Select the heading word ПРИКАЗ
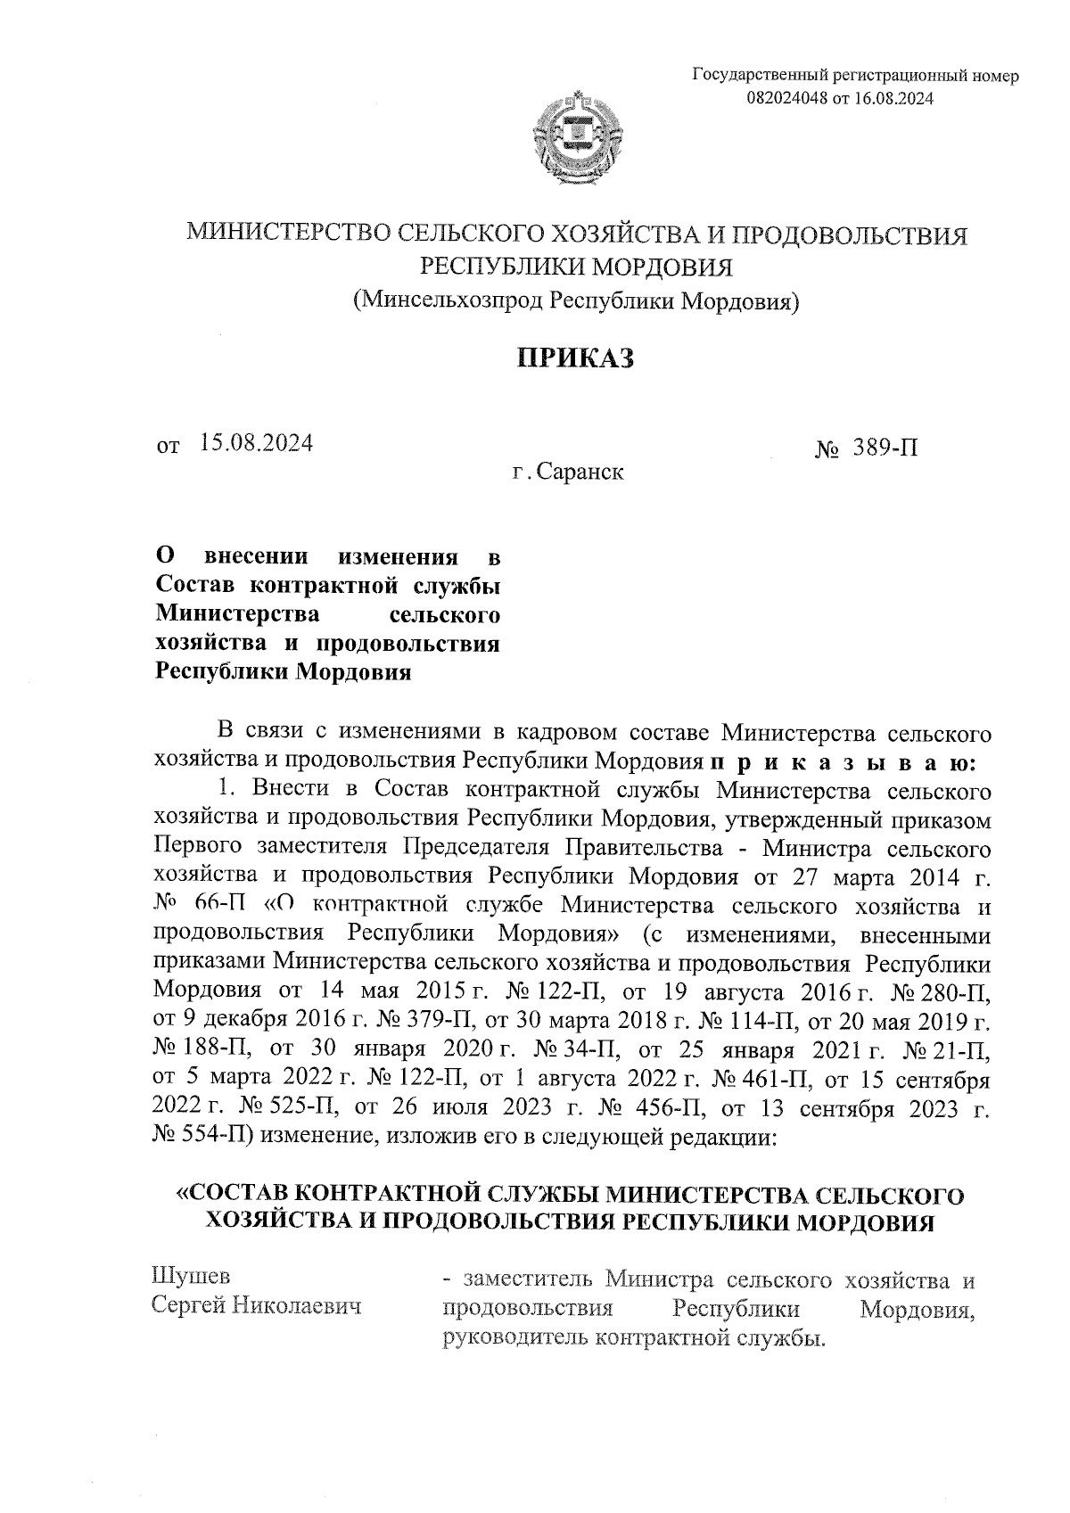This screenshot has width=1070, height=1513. [x=576, y=358]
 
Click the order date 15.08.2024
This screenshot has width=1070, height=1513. [x=256, y=442]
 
